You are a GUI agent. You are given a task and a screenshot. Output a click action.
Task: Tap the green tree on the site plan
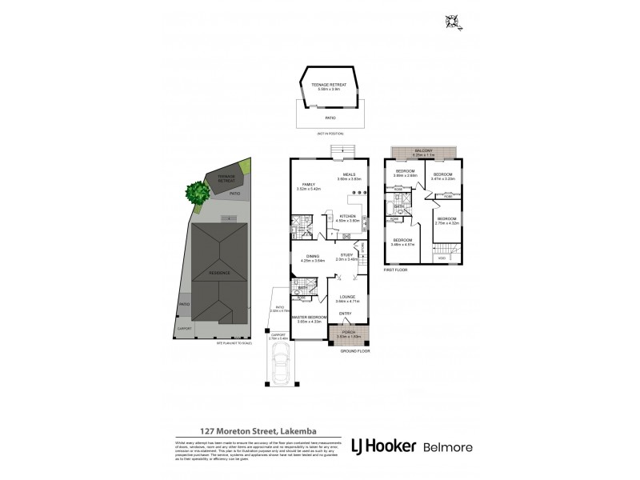[x=194, y=192]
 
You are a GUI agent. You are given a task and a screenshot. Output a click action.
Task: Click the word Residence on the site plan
[x=218, y=274]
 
